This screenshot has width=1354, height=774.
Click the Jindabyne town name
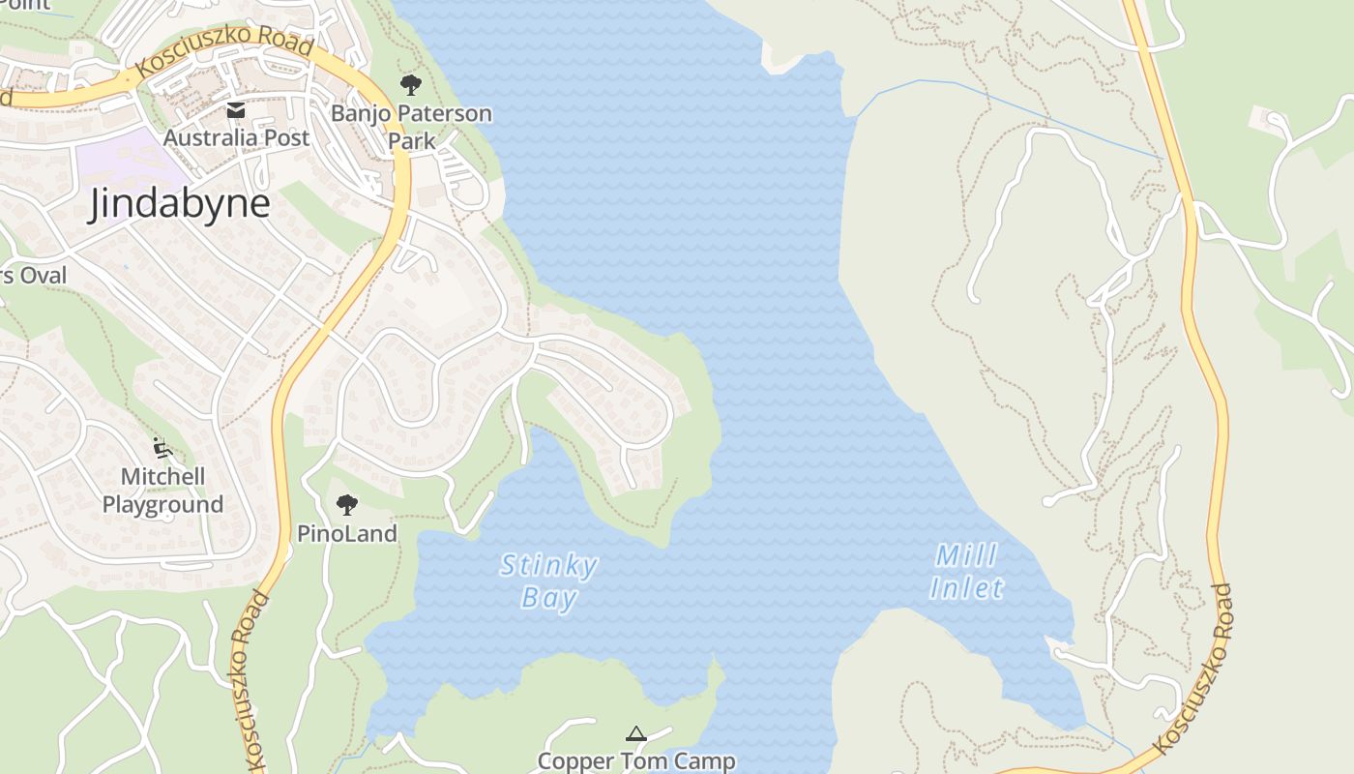click(x=179, y=204)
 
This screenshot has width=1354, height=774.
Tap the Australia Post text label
click(x=236, y=137)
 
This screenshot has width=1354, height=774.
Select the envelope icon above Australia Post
click(x=236, y=110)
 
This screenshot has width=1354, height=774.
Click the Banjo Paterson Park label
click(x=411, y=127)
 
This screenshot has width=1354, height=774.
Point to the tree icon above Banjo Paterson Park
click(x=411, y=85)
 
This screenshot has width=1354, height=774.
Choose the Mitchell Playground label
click(x=162, y=491)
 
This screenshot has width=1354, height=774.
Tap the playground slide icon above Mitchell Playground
click(x=162, y=448)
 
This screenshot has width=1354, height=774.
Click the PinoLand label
click(x=346, y=533)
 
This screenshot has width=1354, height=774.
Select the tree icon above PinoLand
click(x=346, y=504)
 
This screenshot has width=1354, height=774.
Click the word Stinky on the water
click(x=548, y=565)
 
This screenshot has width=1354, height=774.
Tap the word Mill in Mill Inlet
click(x=966, y=555)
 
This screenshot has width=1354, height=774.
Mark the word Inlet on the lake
click(x=966, y=587)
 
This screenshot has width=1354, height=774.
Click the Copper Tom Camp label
click(x=635, y=761)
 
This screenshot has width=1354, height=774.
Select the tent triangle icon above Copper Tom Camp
click(x=635, y=734)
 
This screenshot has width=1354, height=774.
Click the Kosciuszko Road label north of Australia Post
click(x=224, y=53)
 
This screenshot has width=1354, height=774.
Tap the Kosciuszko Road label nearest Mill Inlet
click(x=1195, y=668)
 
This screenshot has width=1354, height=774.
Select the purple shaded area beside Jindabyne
click(x=121, y=160)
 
